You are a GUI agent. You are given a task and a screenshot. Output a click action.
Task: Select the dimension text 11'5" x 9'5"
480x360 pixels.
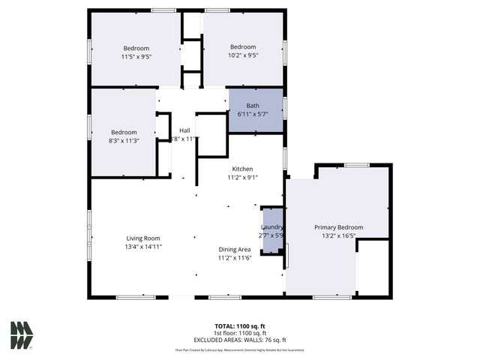pyautogui.click(x=136, y=56)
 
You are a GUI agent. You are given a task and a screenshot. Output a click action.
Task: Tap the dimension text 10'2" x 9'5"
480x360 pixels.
pyautogui.click(x=243, y=55)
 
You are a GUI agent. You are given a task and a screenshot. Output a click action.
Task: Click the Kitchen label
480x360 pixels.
pyautogui.click(x=241, y=169)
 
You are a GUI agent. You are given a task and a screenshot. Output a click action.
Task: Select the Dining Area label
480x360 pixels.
pyautogui.click(x=234, y=249)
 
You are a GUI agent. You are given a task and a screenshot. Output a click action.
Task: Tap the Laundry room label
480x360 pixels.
pyautogui.click(x=271, y=227)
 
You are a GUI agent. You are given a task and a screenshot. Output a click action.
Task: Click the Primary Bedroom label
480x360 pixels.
pyautogui.click(x=338, y=227)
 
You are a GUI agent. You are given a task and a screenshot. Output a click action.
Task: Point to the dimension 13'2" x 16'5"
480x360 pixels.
pyautogui.click(x=338, y=235)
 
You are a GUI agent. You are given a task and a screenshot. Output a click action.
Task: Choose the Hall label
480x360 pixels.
pyautogui.click(x=184, y=130)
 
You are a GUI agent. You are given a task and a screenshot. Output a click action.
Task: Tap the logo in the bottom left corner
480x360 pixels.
pyautogui.click(x=21, y=335)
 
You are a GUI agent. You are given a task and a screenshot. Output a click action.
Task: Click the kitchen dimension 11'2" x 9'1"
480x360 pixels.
pyautogui.click(x=241, y=178)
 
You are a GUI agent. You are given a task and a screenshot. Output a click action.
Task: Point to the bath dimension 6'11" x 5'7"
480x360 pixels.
pyautogui.click(x=253, y=113)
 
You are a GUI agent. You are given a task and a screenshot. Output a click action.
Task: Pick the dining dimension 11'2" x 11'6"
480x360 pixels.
pyautogui.click(x=234, y=258)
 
